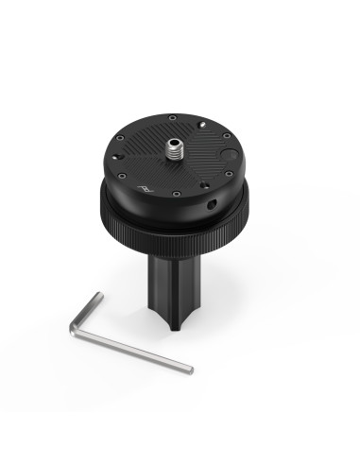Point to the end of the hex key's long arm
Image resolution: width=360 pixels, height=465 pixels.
pyautogui.click(x=189, y=368)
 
